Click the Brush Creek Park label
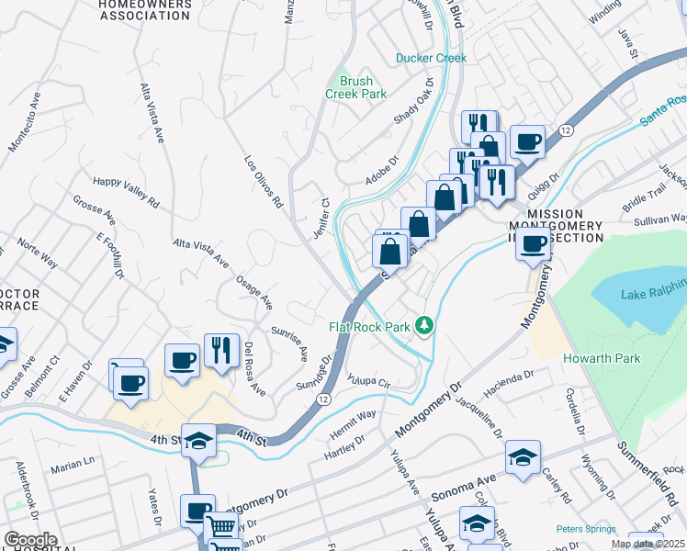pos(356,87)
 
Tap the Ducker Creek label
pos(431,58)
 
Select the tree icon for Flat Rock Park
pos(423,324)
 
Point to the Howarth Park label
pos(602,358)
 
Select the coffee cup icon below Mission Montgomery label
pos(533,244)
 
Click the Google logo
pos(30,540)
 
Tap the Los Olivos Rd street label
pos(263,181)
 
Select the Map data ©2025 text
pos(648,544)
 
